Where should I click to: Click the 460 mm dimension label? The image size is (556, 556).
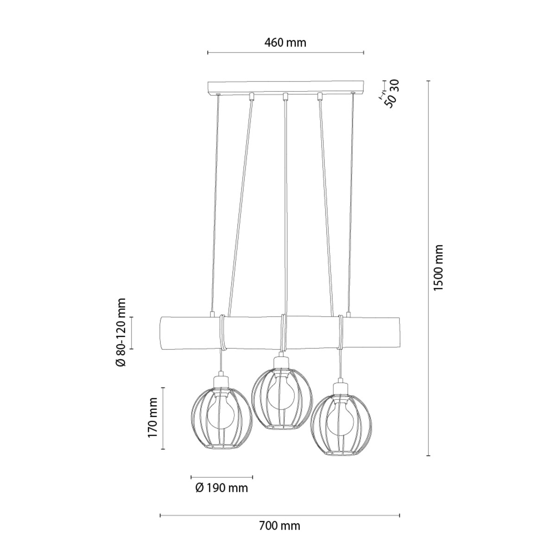coord(285,43)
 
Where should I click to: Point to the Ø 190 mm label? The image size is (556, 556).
coord(221,488)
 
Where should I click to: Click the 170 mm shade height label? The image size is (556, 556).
coord(153,422)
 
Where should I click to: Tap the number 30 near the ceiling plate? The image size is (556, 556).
coord(396,85)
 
